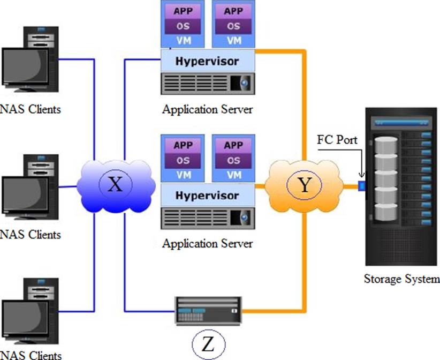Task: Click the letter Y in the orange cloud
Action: pyautogui.click(x=304, y=185)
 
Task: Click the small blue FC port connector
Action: pyautogui.click(x=361, y=186)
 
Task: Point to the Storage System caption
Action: pyautogui.click(x=401, y=279)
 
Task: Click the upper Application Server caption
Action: pyautogui.click(x=207, y=110)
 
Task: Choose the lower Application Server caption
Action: pyautogui.click(x=207, y=244)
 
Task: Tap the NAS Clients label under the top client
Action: pyautogui.click(x=31, y=109)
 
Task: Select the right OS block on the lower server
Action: pyautogui.click(x=233, y=160)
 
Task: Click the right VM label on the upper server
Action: pyautogui.click(x=233, y=40)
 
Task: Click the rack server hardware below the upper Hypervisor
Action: pyautogui.click(x=208, y=84)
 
